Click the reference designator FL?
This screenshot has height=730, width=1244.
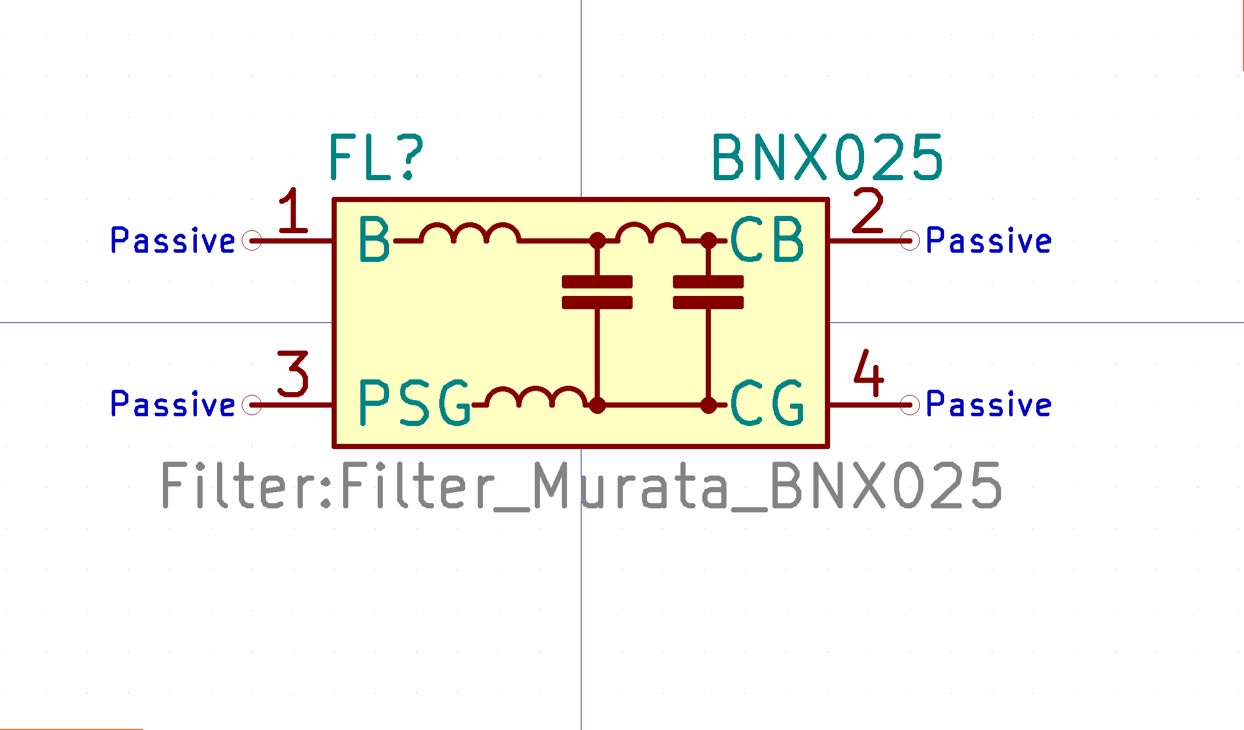click(x=376, y=157)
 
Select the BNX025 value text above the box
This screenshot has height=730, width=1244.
click(x=827, y=157)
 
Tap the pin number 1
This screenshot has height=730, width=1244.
click(x=293, y=211)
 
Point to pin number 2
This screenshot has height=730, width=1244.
click(x=868, y=211)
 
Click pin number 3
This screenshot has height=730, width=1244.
click(x=293, y=374)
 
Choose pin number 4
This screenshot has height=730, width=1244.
click(x=869, y=373)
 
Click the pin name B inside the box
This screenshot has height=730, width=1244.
click(x=374, y=239)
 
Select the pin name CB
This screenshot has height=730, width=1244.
click(x=767, y=239)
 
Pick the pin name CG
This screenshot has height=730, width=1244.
click(x=767, y=402)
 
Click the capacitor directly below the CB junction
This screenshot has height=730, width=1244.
click(x=708, y=292)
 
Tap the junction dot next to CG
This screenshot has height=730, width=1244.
click(x=708, y=405)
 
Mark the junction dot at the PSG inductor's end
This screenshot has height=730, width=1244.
click(x=598, y=405)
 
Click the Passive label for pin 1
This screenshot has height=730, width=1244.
click(x=173, y=240)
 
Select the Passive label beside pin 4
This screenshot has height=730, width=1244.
click(x=989, y=404)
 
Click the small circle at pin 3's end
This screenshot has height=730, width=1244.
click(x=252, y=405)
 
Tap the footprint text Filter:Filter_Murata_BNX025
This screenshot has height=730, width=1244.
click(x=581, y=486)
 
